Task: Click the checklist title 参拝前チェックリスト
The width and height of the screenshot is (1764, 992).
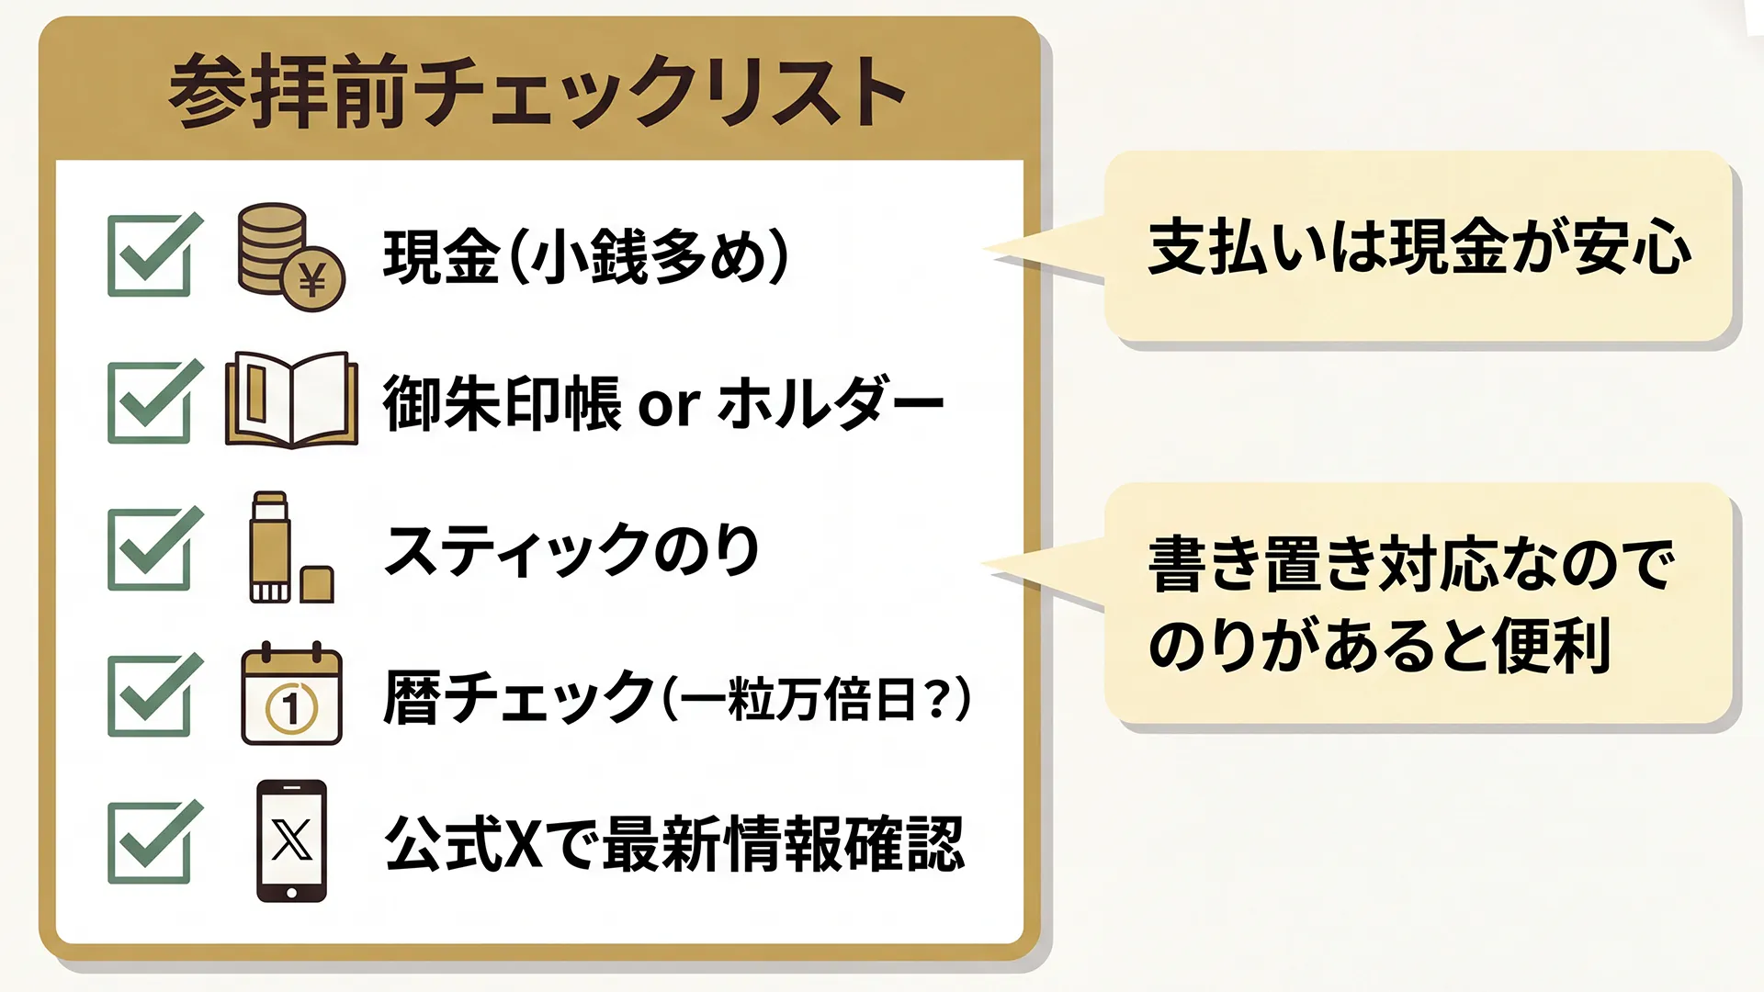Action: tap(537, 92)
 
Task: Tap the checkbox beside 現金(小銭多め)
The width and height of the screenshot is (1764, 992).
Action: tap(150, 255)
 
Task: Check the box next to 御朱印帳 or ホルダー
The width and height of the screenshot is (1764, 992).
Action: tap(150, 402)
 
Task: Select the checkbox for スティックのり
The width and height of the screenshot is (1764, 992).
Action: tap(150, 549)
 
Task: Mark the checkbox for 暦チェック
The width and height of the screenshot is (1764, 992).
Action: tap(150, 696)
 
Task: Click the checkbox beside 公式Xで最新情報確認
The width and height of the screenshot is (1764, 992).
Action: tap(150, 843)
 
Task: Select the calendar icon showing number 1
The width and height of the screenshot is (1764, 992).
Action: tap(291, 695)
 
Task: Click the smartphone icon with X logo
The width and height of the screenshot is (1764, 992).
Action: tap(291, 840)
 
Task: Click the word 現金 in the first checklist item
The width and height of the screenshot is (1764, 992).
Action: tap(441, 256)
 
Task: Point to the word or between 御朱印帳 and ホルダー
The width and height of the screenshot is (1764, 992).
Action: tap(669, 404)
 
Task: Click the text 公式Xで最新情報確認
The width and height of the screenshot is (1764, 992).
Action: tap(674, 844)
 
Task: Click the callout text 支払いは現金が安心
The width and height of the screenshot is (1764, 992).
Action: tap(1419, 247)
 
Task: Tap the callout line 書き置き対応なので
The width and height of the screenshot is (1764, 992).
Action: tap(1411, 564)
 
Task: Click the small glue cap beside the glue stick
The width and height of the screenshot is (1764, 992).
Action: tap(317, 584)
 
